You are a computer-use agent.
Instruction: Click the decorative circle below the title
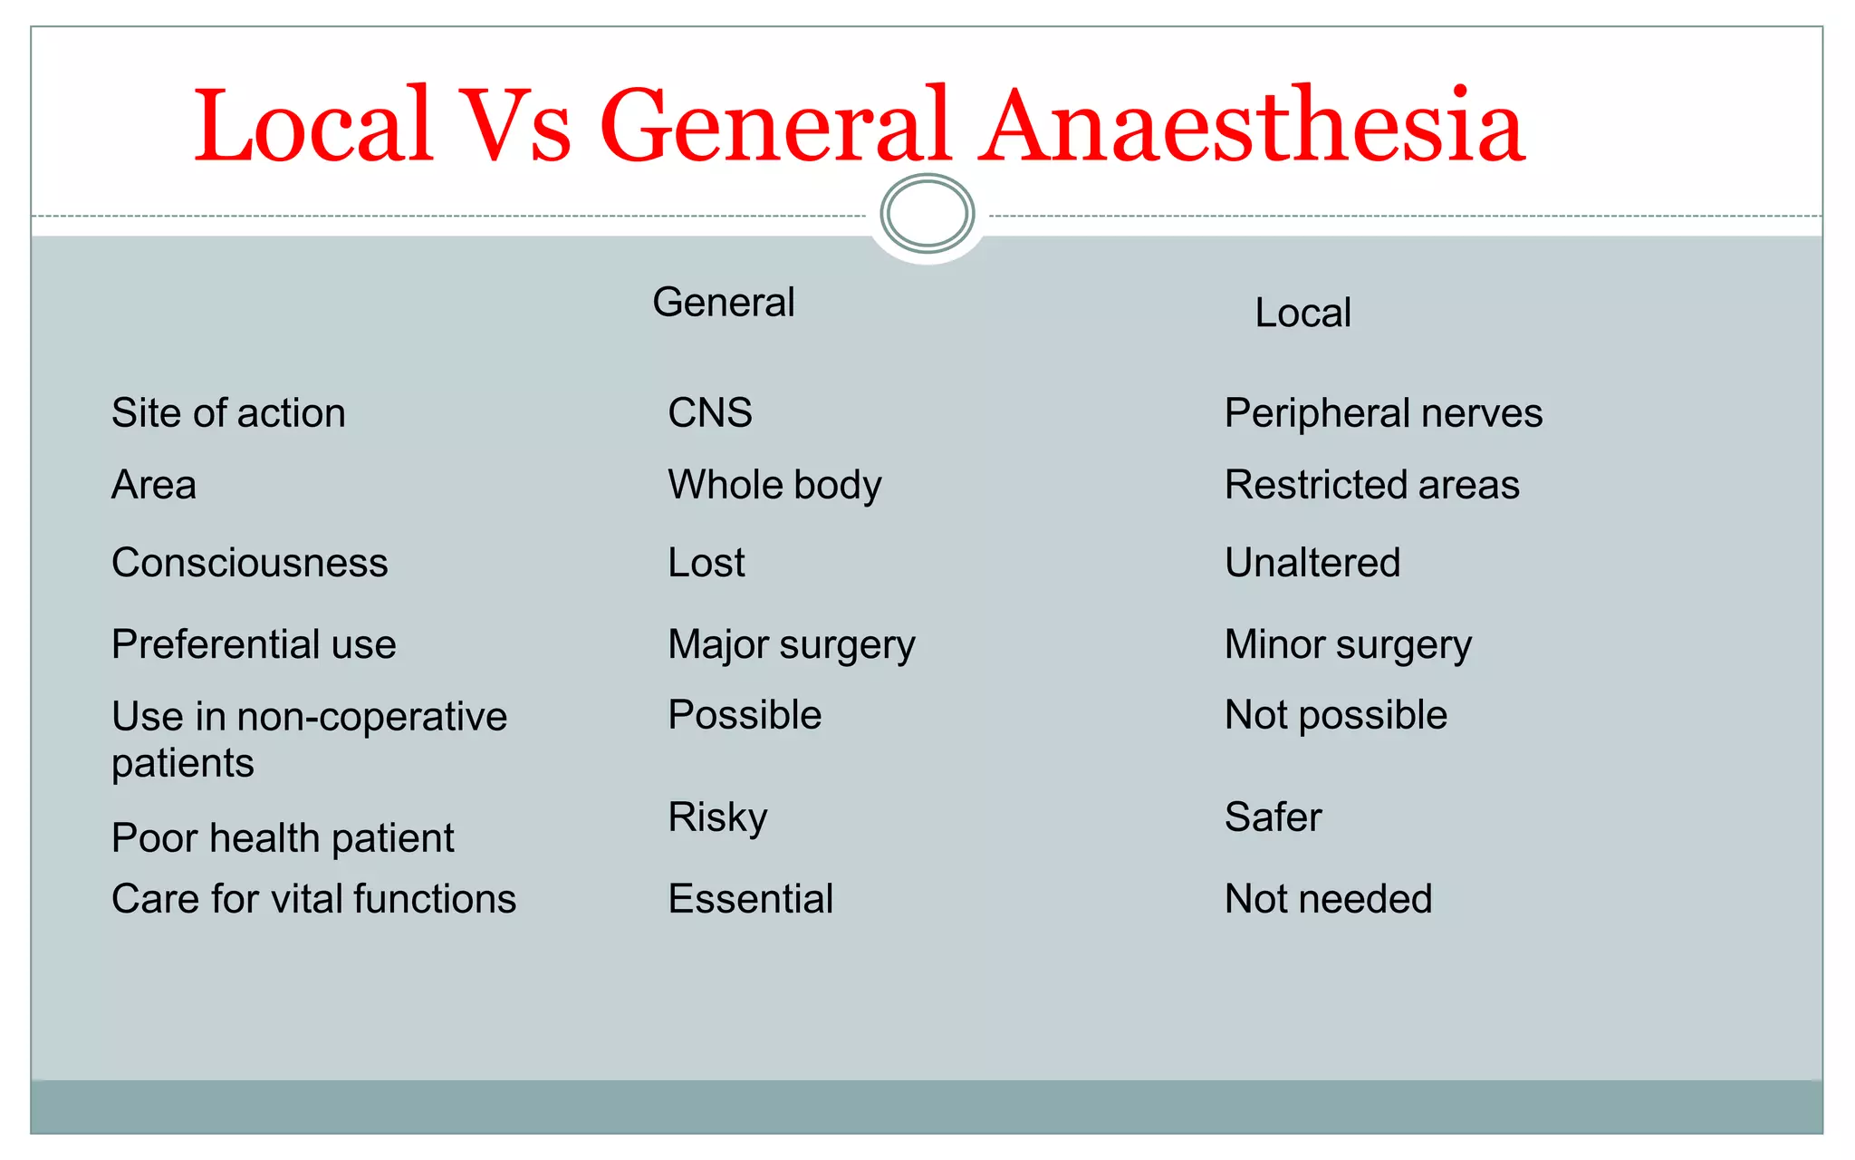click(927, 214)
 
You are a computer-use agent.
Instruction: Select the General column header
click(723, 302)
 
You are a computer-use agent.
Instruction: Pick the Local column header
click(1302, 313)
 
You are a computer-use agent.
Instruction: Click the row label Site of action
click(228, 413)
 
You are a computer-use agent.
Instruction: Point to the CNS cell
click(710, 413)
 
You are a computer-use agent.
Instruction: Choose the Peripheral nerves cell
click(1383, 413)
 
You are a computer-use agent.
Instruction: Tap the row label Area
click(154, 485)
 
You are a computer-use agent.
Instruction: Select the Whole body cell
click(774, 485)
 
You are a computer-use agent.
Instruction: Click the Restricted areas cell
click(1371, 485)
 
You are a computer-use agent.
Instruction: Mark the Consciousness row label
click(250, 563)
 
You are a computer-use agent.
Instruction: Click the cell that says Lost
click(706, 563)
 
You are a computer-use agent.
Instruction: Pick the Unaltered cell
click(1312, 563)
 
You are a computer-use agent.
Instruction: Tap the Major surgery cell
click(792, 644)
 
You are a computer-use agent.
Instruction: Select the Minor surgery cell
click(1348, 644)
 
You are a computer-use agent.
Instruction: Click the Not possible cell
click(1336, 715)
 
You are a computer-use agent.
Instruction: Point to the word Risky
click(717, 817)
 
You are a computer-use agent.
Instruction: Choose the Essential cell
click(751, 899)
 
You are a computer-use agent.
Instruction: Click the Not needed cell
click(1328, 899)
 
